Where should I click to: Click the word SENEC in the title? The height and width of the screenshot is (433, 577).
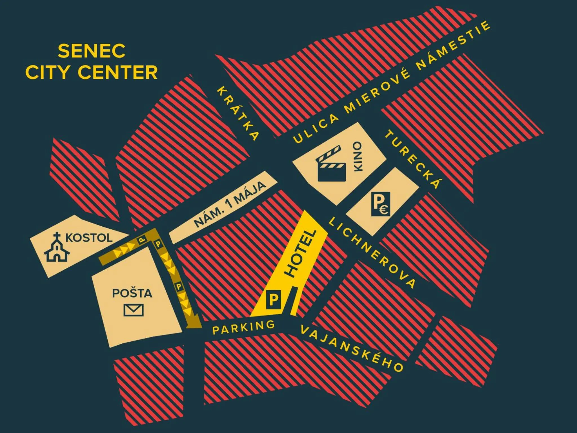click(x=92, y=51)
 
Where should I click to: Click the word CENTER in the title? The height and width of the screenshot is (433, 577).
click(x=117, y=72)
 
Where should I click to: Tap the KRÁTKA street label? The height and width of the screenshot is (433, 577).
click(x=238, y=113)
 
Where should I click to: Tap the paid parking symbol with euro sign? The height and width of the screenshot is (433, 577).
click(x=380, y=204)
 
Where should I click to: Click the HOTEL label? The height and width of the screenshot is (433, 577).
click(x=301, y=253)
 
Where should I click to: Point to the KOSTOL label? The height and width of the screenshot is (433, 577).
click(x=89, y=238)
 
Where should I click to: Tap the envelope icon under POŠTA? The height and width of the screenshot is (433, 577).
click(x=134, y=310)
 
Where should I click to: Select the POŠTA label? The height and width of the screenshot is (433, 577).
click(x=132, y=293)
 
